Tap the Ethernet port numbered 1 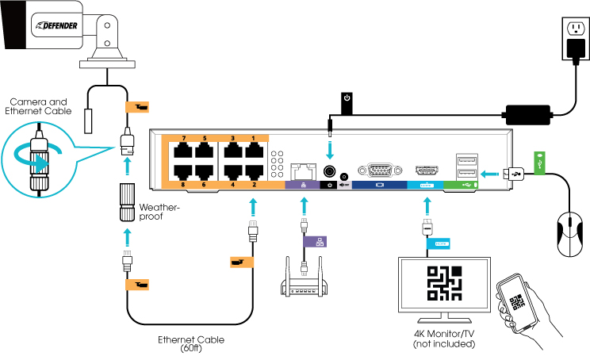tap(254, 153)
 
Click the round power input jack tap(330, 170)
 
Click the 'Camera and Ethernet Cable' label tap(44, 107)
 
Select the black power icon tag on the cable tap(347, 100)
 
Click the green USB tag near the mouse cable tap(539, 159)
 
